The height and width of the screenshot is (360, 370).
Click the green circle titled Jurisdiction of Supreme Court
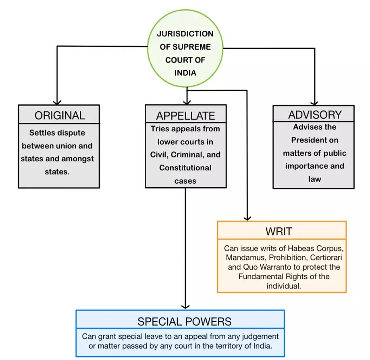[x=185, y=53]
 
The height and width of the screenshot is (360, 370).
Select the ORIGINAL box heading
[x=60, y=115]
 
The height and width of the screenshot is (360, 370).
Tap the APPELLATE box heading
[x=186, y=116]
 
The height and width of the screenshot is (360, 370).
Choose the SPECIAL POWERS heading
[x=184, y=321]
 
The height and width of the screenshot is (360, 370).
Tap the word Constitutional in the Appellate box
[x=185, y=167]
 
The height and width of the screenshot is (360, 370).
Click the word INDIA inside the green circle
[x=185, y=73]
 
